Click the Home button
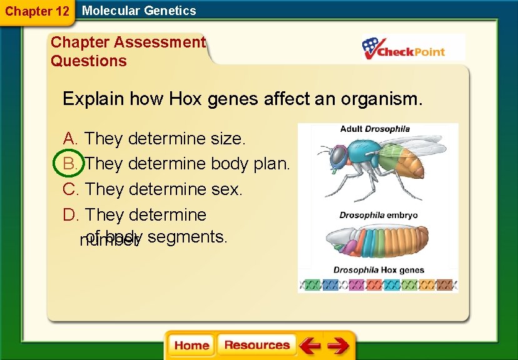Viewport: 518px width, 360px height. (x=191, y=345)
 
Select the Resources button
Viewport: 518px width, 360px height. (x=256, y=345)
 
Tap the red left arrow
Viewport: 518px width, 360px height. (x=310, y=346)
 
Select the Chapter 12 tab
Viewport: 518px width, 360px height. (x=37, y=11)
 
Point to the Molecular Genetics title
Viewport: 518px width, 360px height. (x=139, y=11)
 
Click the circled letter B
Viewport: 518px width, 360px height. (x=69, y=164)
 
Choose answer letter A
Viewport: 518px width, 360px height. (x=70, y=138)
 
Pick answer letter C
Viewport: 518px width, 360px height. (x=70, y=189)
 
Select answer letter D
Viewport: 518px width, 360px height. (x=70, y=214)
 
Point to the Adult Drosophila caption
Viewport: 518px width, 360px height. (x=374, y=129)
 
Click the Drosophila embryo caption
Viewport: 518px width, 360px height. (x=378, y=215)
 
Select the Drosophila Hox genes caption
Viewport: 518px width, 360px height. (x=378, y=270)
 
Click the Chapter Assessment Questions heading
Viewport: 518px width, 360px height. (x=128, y=51)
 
